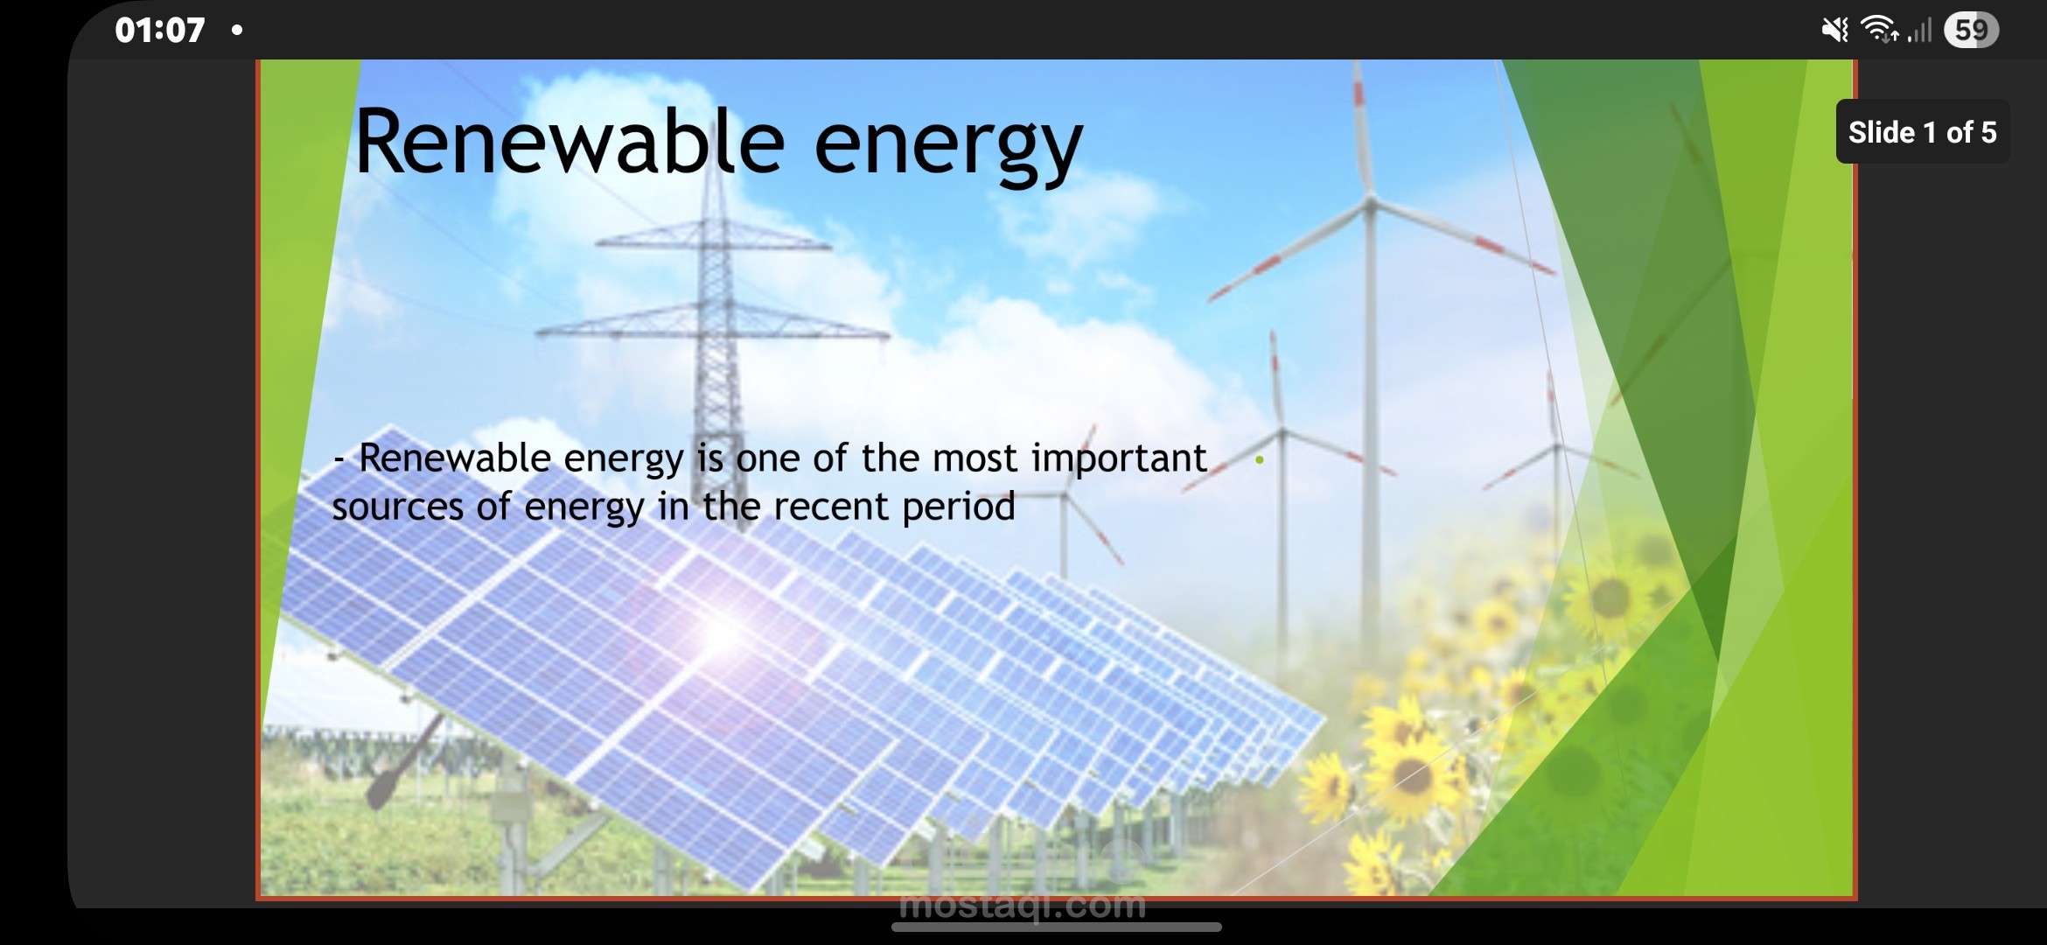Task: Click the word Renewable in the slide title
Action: pyautogui.click(x=569, y=143)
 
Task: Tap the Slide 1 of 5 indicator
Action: pyautogui.click(x=1922, y=132)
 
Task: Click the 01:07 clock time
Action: pyautogui.click(x=159, y=31)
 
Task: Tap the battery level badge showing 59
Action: pyautogui.click(x=1971, y=31)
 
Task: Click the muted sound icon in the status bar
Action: pyautogui.click(x=1834, y=31)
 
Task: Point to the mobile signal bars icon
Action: pyautogui.click(x=1919, y=32)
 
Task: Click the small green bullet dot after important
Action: pyautogui.click(x=1260, y=459)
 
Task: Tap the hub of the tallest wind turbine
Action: pyautogui.click(x=1370, y=205)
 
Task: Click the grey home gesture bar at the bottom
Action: pyautogui.click(x=1056, y=927)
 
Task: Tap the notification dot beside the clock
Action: pyautogui.click(x=236, y=31)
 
